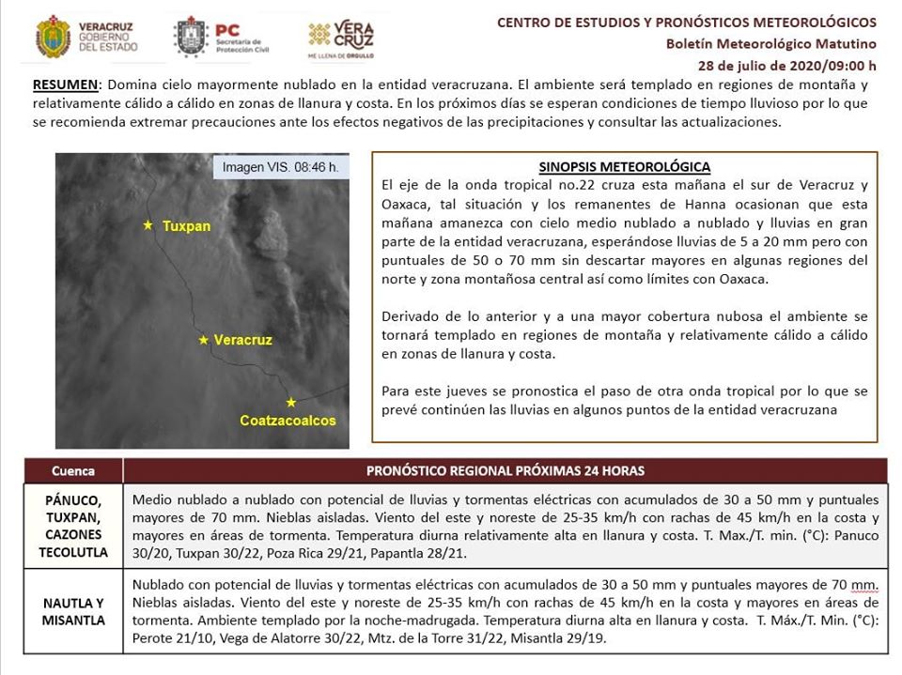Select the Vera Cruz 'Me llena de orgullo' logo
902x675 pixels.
(341, 38)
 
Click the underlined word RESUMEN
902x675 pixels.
(67, 84)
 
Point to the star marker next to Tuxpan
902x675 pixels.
(148, 225)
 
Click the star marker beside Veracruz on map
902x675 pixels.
(204, 340)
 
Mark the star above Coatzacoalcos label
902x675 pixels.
(291, 402)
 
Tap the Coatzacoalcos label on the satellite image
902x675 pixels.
(288, 421)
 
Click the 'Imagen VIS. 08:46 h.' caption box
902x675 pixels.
(280, 168)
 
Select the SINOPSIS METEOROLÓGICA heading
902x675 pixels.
(625, 167)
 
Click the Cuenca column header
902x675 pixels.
(73, 470)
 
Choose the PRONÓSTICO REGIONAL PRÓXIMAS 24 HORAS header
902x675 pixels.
(505, 470)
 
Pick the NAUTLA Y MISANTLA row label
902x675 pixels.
(73, 611)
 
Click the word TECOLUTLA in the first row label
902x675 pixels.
(73, 552)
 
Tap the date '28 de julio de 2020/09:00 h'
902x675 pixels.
(787, 66)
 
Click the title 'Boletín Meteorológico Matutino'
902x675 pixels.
(770, 44)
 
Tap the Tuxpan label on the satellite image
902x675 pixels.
(186, 226)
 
